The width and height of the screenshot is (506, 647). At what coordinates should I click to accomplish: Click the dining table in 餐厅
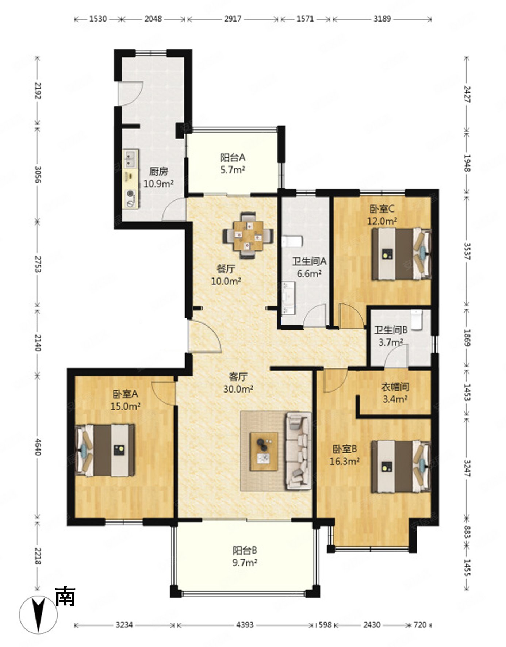point(248,236)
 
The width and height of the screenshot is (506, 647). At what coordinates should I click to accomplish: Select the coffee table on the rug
point(264,451)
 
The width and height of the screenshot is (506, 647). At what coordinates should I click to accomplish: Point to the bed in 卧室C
point(401,254)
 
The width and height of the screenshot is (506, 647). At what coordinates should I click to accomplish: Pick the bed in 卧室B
point(401,467)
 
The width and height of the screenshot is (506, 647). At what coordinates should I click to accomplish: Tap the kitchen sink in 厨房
point(130,158)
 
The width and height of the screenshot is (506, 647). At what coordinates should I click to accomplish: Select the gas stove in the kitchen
point(131,199)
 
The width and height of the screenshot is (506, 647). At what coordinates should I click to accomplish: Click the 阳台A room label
point(233,158)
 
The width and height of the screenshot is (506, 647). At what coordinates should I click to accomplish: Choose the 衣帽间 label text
point(395,387)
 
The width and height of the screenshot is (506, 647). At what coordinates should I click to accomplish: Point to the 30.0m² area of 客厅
point(238,389)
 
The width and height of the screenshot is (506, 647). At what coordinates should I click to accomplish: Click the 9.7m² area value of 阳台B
point(245,563)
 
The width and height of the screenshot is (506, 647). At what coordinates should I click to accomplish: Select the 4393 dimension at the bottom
point(245,625)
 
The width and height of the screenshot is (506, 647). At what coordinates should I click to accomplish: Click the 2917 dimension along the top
point(233,19)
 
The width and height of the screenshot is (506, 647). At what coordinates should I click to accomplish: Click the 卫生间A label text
point(309,261)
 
